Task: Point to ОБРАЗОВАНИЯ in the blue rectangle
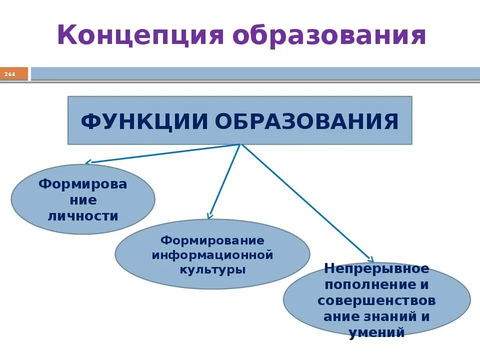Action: (308, 121)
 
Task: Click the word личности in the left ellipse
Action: (82, 216)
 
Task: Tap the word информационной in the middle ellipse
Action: (212, 255)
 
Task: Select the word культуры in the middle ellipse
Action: (212, 269)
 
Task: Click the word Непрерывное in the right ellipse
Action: (376, 268)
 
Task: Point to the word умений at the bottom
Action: (376, 331)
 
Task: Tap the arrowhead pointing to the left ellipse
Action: (87, 162)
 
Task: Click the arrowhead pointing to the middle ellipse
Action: (210, 215)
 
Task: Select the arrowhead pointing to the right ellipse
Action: (371, 259)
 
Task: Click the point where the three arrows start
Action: (241, 144)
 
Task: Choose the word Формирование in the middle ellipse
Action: (212, 240)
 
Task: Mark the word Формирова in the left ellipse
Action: (82, 184)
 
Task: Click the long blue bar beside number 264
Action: (255, 73)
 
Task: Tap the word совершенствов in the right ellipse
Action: (376, 300)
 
